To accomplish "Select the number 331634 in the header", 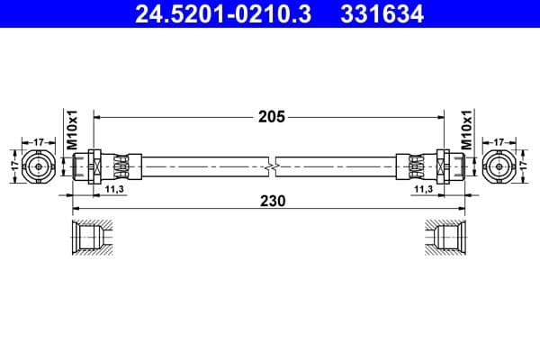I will coord(378,14).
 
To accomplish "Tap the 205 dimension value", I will coord(271,116).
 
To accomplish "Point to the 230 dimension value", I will coord(271,202).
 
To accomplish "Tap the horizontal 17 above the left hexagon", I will coord(40,141).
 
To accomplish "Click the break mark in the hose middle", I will coord(271,166).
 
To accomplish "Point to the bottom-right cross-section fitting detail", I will coord(446,237).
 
